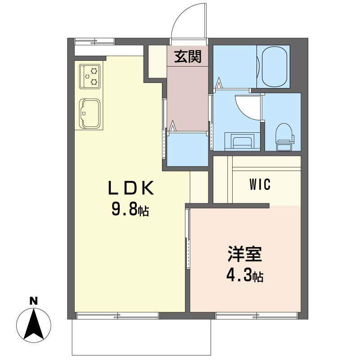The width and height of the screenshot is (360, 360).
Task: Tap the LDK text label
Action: pyautogui.click(x=130, y=188)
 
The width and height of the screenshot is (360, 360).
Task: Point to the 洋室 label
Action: pyautogui.click(x=245, y=254)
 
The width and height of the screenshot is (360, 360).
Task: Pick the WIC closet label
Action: pyautogui.click(x=260, y=184)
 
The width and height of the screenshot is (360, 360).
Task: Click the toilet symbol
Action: pyautogui.click(x=285, y=137)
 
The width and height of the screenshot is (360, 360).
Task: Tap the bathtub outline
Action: pyautogui.click(x=274, y=67)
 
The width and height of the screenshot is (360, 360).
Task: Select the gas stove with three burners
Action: pyautogui.click(x=90, y=76)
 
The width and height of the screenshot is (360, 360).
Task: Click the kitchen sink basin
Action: pyautogui.click(x=90, y=114)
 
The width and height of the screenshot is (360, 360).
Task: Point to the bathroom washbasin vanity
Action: pyautogui.click(x=242, y=141)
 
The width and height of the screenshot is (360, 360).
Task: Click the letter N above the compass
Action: pyautogui.click(x=34, y=301)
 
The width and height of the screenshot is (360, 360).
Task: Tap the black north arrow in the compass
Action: pyautogui.click(x=34, y=325)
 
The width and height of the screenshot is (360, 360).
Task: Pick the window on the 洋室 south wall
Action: pyautogui.click(x=256, y=316)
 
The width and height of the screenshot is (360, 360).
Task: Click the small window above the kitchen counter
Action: pyautogui.click(x=94, y=41)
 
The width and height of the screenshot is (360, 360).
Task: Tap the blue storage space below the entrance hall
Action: pyautogui.click(x=187, y=149)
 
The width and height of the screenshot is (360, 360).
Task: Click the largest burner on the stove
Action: pyautogui.click(x=94, y=71)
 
